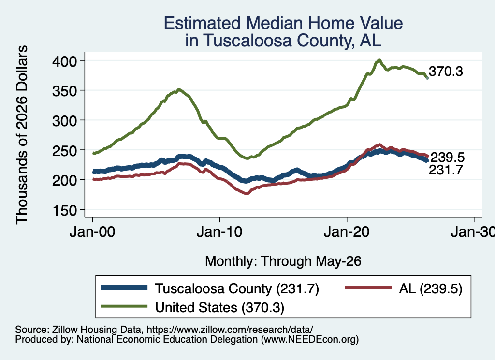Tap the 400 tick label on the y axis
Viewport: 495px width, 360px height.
click(64, 61)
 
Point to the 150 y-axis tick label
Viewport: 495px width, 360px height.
click(64, 210)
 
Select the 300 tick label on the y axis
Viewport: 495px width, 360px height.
click(64, 121)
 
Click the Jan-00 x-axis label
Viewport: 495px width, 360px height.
click(92, 232)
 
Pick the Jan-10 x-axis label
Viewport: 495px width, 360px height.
click(219, 232)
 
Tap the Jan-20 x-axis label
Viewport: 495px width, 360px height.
click(347, 232)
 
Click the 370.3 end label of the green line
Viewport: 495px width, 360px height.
click(446, 72)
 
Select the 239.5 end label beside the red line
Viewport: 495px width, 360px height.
click(448, 157)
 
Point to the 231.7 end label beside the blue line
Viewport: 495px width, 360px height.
click(446, 170)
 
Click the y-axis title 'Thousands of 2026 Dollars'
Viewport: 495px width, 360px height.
click(22, 135)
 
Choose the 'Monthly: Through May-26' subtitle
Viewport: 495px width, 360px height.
click(283, 261)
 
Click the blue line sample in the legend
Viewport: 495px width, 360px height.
click(124, 288)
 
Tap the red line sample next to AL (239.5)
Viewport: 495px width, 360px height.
click(368, 288)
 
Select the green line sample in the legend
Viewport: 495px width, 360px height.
click(124, 306)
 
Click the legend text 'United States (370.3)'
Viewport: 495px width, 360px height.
click(220, 307)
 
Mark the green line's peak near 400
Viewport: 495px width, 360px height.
click(379, 60)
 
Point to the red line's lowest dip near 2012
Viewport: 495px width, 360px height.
click(247, 193)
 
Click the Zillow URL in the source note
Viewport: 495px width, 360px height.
click(230, 330)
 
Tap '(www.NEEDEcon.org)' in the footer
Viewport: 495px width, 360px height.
click(310, 339)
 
